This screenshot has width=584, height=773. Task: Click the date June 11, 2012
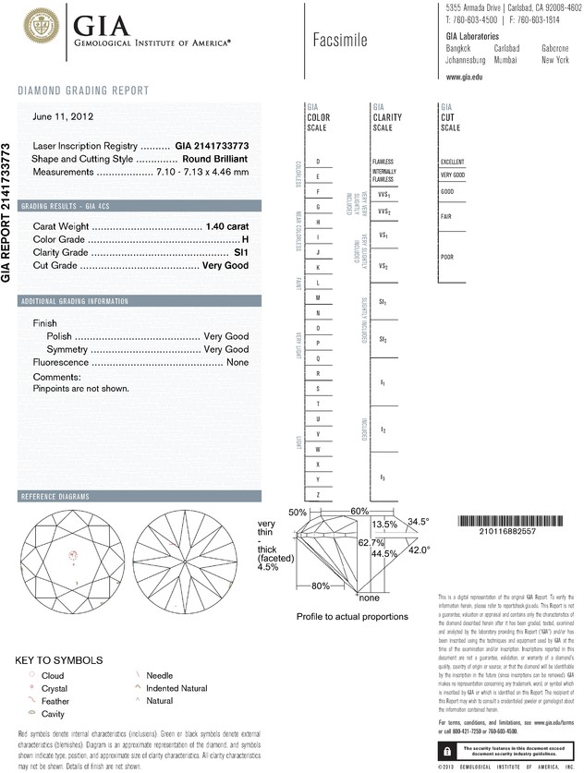(x=64, y=117)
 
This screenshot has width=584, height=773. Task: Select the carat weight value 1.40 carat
(x=225, y=226)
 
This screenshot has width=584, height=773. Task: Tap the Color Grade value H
(x=245, y=239)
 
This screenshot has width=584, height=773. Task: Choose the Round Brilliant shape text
(x=217, y=159)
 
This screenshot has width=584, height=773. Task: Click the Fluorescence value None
(x=237, y=363)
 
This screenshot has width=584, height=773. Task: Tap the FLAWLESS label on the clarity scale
(x=383, y=162)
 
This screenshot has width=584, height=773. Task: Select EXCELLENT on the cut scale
(x=452, y=162)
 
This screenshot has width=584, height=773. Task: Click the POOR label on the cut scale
(x=446, y=257)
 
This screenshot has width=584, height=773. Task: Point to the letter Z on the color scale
(x=318, y=496)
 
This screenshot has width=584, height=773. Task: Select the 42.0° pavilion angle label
(x=420, y=550)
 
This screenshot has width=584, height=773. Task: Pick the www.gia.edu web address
(x=466, y=77)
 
